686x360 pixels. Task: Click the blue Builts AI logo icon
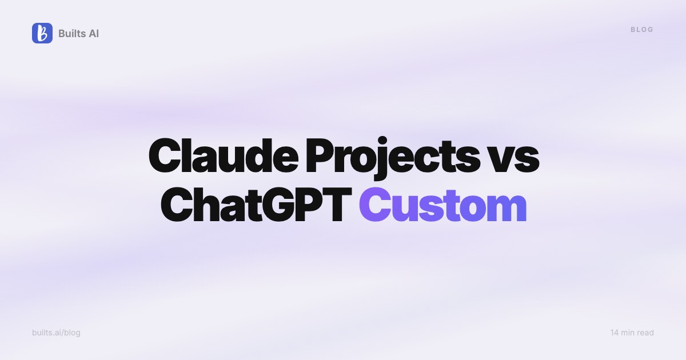42,33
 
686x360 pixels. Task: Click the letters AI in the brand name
94,33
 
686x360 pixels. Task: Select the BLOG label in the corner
642,30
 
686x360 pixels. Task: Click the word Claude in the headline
224,155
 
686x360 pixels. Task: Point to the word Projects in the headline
393,158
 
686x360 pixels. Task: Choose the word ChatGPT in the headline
256,205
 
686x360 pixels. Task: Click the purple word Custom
443,205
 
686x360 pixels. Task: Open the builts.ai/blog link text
57,333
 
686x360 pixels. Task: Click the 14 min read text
632,333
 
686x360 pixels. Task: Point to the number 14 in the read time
615,333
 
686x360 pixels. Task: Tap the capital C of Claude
164,155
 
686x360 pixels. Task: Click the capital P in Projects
320,155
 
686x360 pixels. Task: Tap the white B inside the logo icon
42,33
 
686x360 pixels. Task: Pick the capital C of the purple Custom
375,205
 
